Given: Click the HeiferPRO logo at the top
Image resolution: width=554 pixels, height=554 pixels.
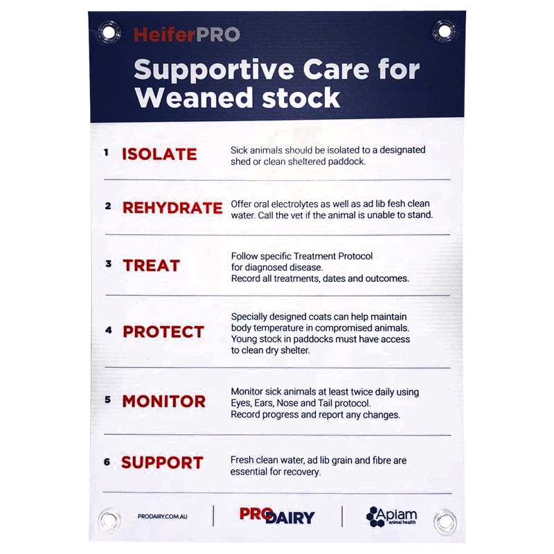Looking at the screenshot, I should (186, 34).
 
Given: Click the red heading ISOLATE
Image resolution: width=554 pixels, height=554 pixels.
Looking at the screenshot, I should (159, 154).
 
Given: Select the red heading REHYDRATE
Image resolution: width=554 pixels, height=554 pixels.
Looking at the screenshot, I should (172, 208).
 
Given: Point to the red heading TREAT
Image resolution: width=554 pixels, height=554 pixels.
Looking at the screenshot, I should (151, 265).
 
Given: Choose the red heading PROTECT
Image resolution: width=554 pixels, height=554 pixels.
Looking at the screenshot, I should (163, 332).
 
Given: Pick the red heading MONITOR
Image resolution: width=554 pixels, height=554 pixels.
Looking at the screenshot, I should (163, 402).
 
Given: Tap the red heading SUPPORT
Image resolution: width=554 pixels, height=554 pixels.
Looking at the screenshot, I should (162, 463).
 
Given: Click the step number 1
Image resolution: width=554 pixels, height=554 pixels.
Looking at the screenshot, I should (107, 152).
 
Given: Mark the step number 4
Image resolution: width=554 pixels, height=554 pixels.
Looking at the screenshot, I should (108, 330).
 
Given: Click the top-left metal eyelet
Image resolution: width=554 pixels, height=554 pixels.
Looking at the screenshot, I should (109, 31).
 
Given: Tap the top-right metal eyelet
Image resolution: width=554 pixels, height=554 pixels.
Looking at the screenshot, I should (444, 30).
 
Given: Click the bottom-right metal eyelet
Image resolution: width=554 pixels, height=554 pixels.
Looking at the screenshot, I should (445, 519).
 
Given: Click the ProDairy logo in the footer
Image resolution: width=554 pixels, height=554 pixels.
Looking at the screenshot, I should (277, 516).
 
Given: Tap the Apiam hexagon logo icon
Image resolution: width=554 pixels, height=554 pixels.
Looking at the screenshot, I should (376, 517).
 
